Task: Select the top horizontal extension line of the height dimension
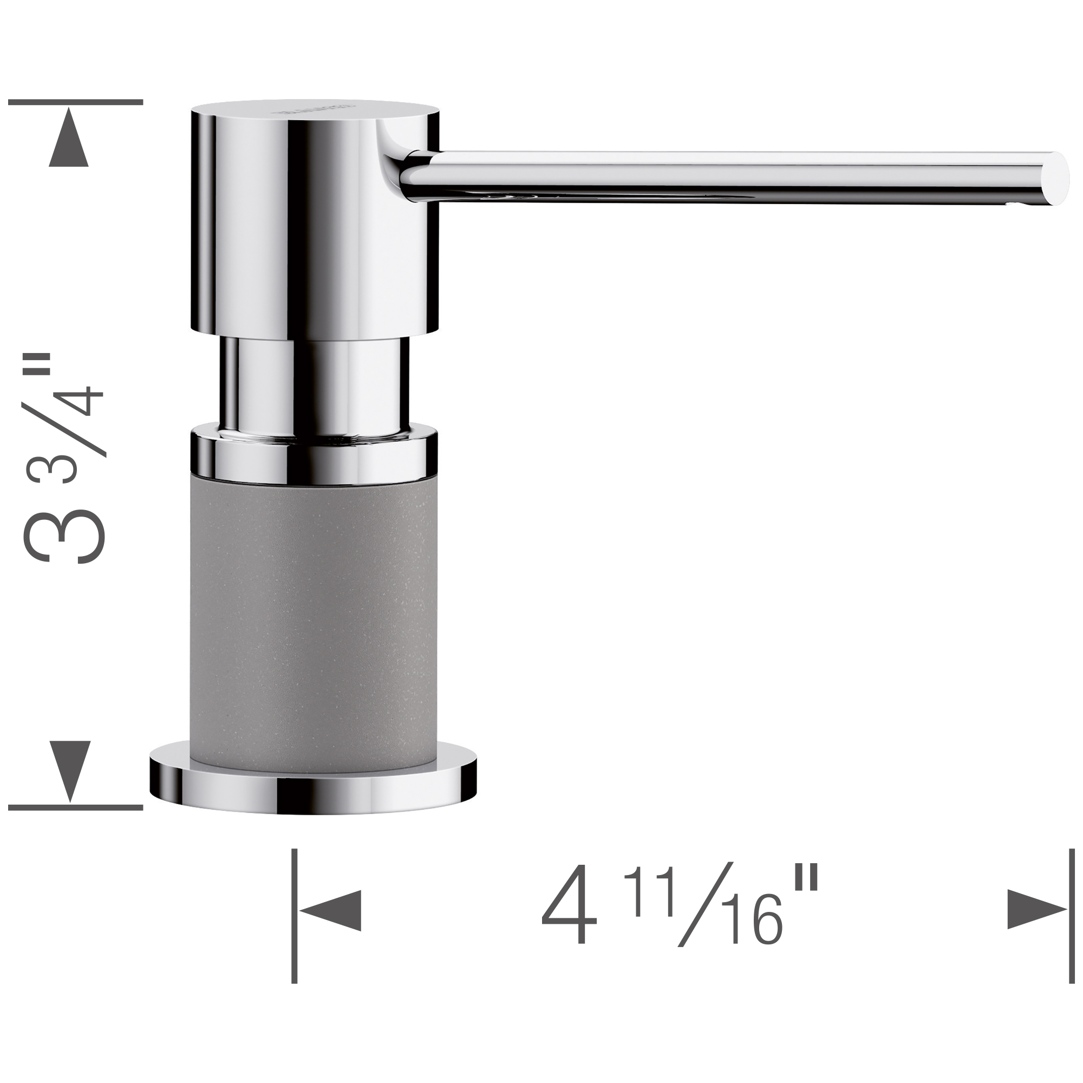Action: pos(76,102)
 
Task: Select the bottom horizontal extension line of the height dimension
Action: pos(76,808)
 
